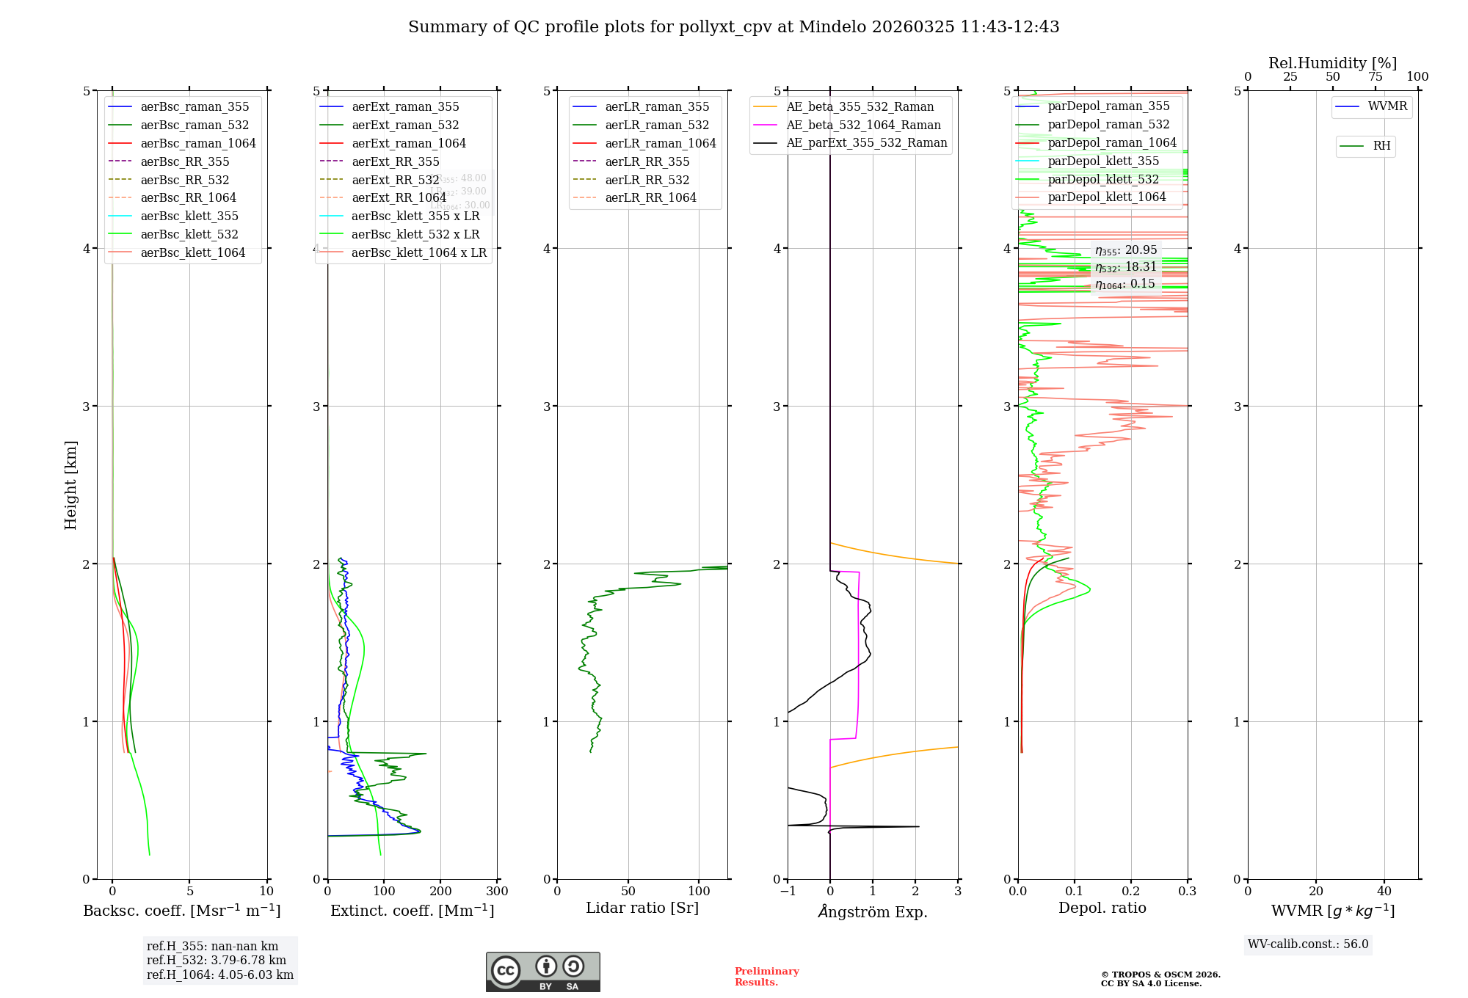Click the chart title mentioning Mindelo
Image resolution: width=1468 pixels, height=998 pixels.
(733, 27)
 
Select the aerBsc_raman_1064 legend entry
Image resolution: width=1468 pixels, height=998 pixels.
(198, 143)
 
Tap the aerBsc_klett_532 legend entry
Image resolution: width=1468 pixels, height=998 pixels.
(189, 234)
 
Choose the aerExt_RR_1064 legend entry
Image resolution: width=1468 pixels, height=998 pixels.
(399, 197)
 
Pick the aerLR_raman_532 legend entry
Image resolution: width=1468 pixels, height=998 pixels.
(657, 125)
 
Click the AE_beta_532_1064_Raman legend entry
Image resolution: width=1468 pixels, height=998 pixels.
(863, 125)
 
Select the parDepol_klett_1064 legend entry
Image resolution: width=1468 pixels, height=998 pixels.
(1107, 197)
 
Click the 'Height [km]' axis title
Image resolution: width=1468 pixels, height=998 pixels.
(70, 485)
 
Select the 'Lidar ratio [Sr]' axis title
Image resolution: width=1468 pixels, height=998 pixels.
(642, 908)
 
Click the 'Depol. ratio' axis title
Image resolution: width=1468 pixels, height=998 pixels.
(1102, 908)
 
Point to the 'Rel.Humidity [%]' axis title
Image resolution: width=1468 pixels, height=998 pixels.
(1332, 63)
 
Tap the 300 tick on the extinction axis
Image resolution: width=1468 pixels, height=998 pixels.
(497, 891)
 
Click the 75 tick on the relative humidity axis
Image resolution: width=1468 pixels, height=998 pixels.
(1375, 77)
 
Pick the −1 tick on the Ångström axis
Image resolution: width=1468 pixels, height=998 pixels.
(788, 891)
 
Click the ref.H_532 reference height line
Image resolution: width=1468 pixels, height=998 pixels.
(217, 960)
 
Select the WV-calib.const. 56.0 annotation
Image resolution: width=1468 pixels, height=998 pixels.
(1308, 944)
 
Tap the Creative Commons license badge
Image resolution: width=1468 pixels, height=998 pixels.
(542, 972)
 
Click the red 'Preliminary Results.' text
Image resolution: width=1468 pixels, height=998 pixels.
(766, 976)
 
